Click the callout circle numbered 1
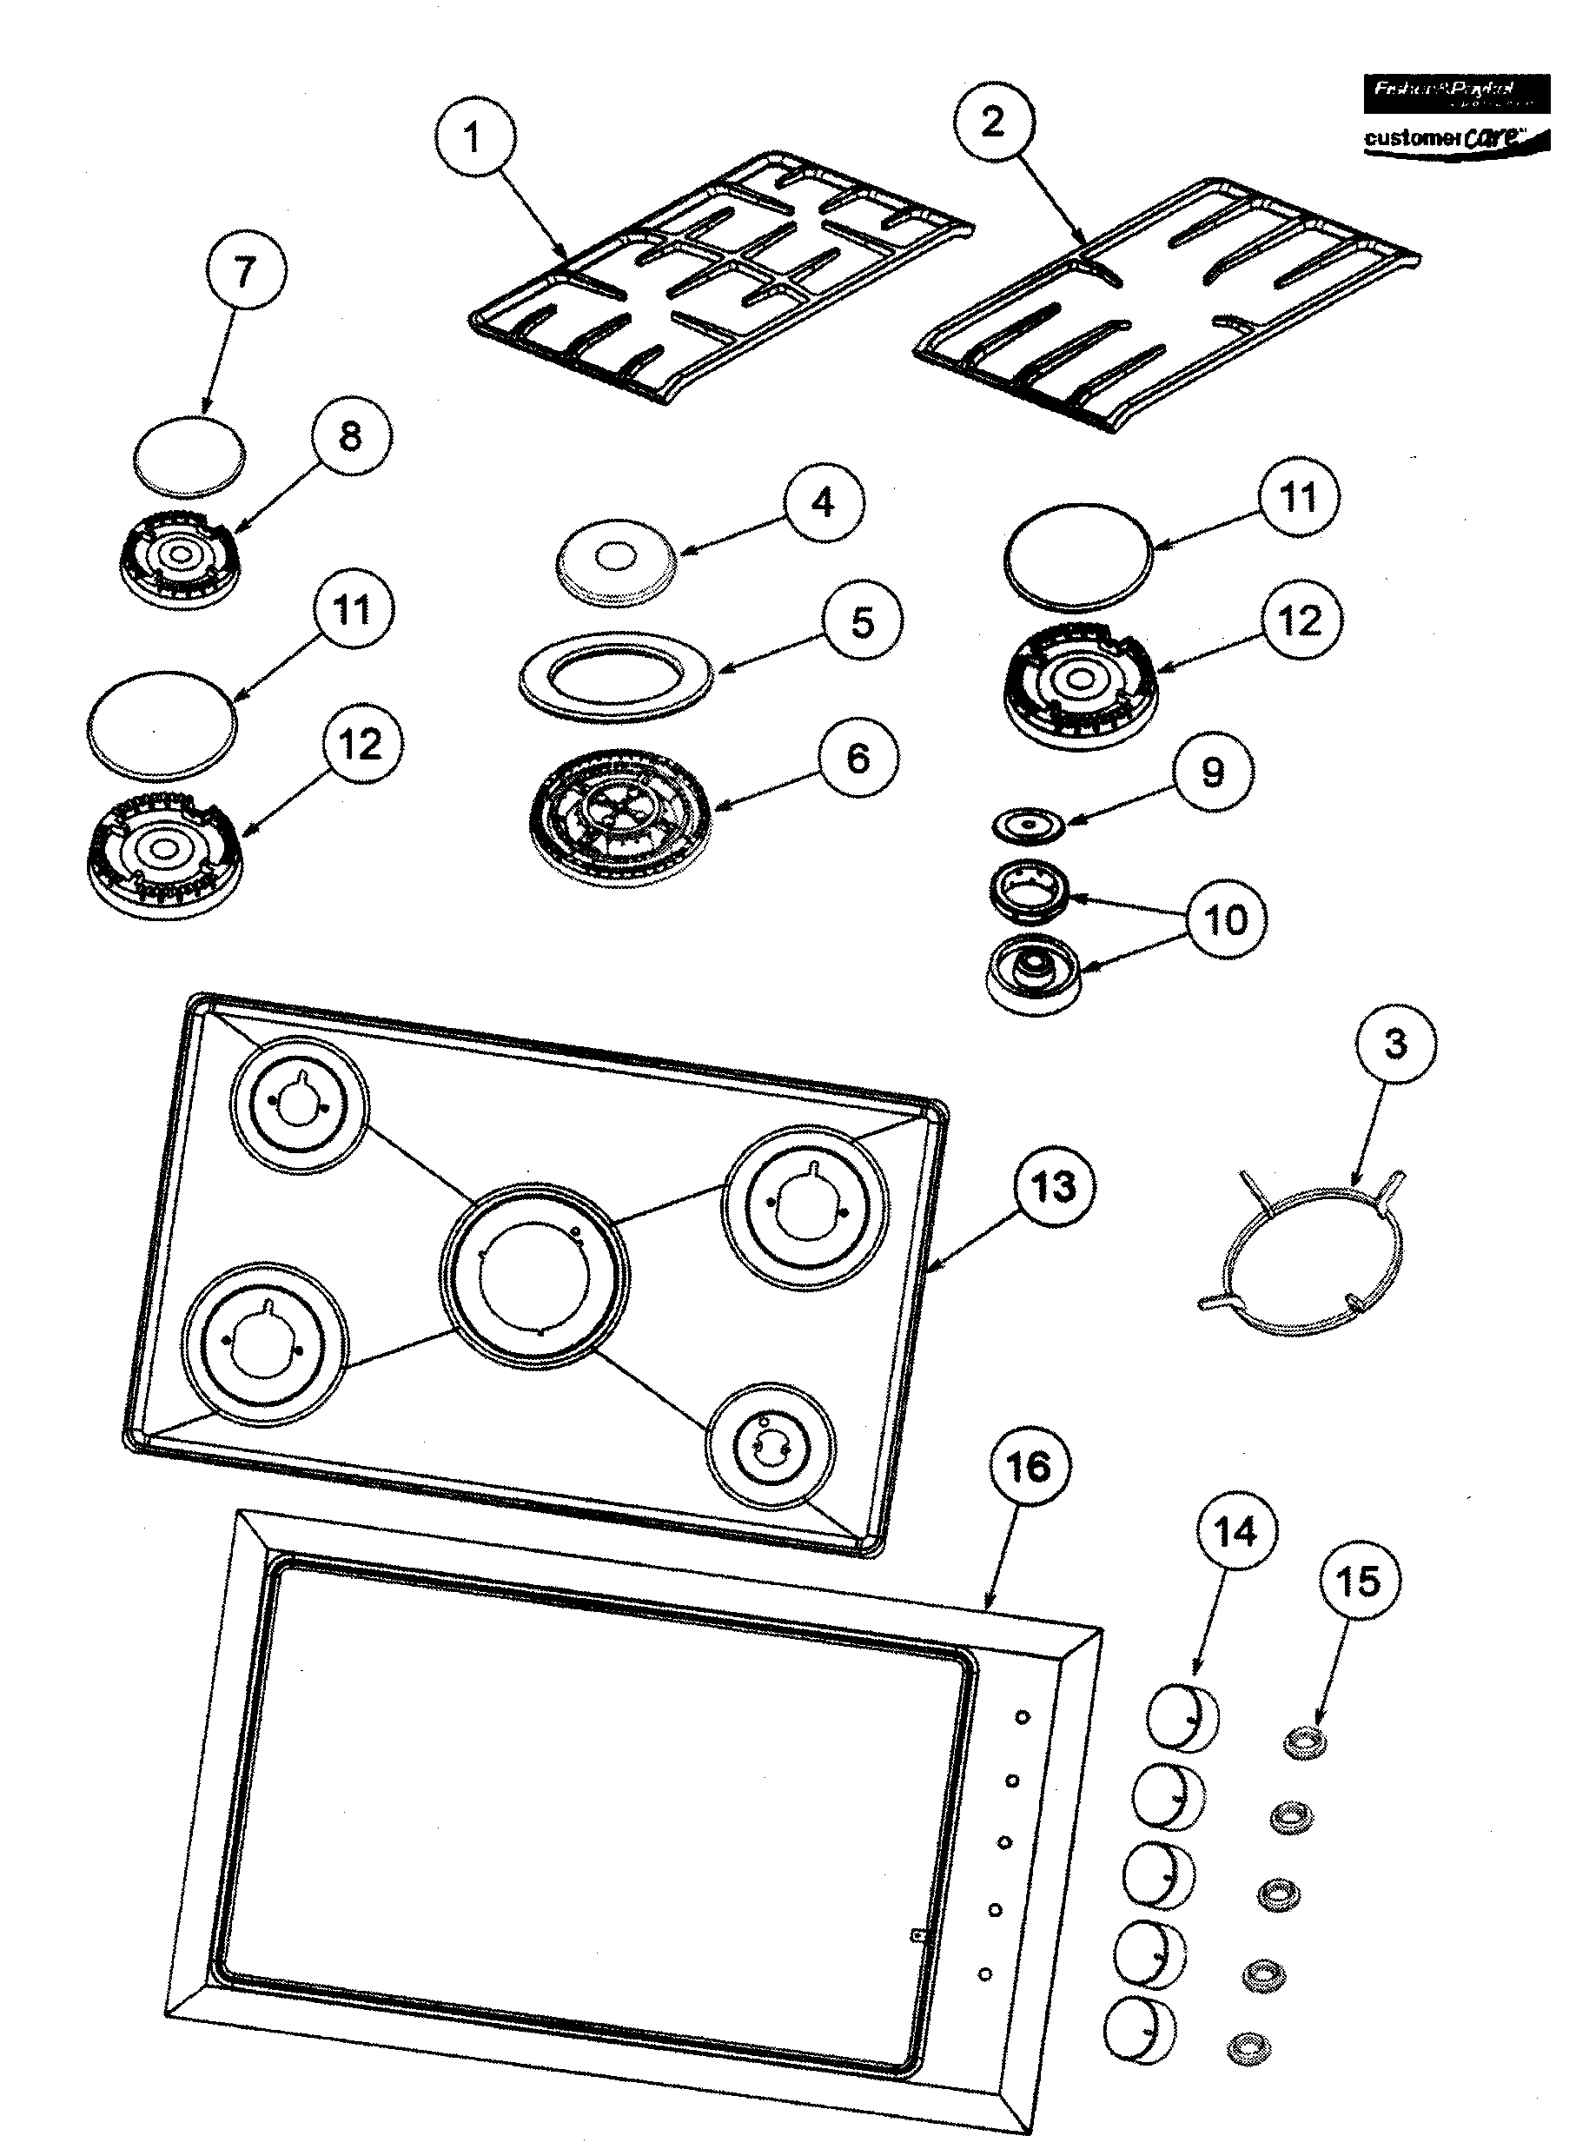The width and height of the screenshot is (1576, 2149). point(473,139)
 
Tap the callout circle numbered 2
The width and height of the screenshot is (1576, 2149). point(993,121)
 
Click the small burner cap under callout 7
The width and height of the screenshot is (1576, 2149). point(188,457)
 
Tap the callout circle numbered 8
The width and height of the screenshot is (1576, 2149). point(351,437)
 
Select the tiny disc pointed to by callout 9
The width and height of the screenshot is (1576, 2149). point(1028,825)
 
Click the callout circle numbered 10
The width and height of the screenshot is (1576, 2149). point(1227,921)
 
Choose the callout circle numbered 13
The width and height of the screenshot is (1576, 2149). point(1054,1187)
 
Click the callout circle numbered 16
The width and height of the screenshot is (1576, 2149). point(1029,1468)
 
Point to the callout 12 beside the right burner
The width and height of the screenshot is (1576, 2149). point(1301,622)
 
